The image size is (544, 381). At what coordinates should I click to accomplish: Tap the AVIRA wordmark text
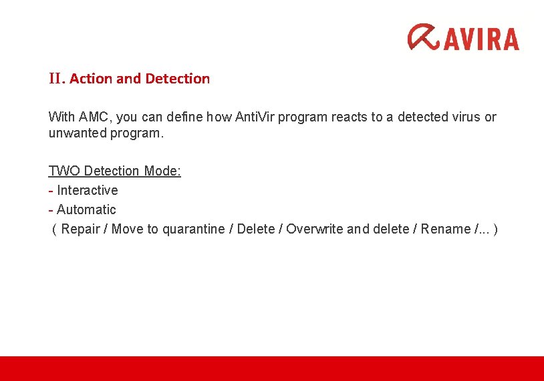click(481, 38)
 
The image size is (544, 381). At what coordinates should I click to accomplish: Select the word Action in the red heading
click(91, 79)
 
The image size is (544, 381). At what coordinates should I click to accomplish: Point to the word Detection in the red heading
click(177, 79)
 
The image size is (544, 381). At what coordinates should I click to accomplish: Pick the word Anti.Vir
click(255, 117)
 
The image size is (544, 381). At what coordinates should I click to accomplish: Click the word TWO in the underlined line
click(64, 171)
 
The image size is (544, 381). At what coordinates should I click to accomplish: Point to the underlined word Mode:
click(162, 171)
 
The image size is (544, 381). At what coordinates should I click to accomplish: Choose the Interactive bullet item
click(87, 190)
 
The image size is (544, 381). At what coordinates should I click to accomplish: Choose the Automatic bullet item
click(86, 210)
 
